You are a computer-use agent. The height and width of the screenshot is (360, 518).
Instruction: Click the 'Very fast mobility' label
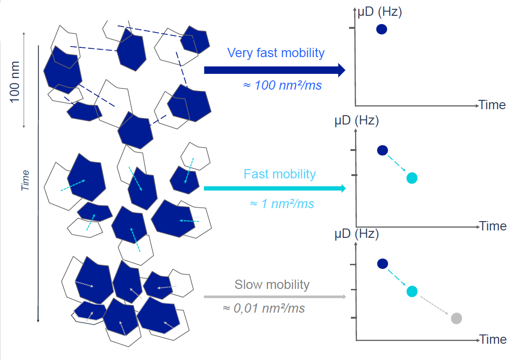point(276,53)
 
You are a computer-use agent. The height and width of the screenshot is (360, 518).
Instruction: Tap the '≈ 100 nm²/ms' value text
point(283,85)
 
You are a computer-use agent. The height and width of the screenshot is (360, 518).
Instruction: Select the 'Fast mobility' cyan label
point(280,174)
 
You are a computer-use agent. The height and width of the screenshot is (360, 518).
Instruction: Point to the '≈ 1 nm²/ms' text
point(282,203)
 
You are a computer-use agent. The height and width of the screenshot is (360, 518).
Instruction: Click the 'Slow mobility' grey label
point(272,285)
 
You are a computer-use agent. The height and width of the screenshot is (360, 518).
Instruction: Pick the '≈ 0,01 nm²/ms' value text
point(264,308)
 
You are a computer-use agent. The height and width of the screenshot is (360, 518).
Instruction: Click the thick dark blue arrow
point(275,70)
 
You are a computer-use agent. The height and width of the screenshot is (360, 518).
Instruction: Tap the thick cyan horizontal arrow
point(275,189)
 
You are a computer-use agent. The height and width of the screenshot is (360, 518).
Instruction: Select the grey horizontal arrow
point(275,297)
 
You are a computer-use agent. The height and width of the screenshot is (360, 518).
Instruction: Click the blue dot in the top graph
point(382,29)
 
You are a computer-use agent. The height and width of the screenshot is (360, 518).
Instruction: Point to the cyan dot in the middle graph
point(412,178)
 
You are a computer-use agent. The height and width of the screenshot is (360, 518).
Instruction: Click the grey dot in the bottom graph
point(456,318)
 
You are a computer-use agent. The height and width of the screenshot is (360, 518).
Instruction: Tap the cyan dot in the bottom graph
point(412,291)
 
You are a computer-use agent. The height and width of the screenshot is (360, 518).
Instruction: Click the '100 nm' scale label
point(15,82)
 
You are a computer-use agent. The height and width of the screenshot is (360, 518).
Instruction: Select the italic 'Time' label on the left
point(26,181)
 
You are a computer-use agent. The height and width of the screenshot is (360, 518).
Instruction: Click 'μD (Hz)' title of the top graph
point(380,12)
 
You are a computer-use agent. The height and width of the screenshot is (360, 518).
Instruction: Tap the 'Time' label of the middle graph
point(493,226)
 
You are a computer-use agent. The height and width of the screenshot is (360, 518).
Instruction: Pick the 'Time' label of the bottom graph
point(493,340)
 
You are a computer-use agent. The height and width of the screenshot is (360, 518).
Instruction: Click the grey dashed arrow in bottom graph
point(434,306)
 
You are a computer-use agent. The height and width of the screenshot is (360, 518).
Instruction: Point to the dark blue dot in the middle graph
point(382,151)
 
